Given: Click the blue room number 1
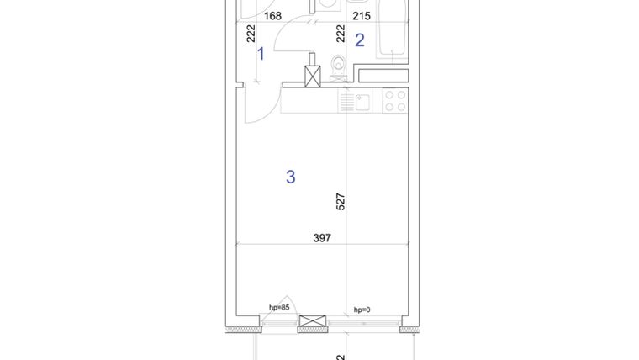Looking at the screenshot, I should pyautogui.click(x=261, y=54).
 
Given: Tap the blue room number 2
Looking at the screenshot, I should pyautogui.click(x=360, y=40).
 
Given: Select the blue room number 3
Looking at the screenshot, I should pyautogui.click(x=291, y=177).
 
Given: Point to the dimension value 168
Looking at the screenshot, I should pyautogui.click(x=272, y=15).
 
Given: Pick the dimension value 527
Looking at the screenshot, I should pyautogui.click(x=341, y=202).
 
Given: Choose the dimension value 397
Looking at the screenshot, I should pyautogui.click(x=321, y=238).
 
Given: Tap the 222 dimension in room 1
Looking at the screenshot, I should pyautogui.click(x=251, y=34).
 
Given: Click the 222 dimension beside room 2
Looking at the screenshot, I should pyautogui.click(x=341, y=34).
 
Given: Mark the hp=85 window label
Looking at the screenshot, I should pyautogui.click(x=279, y=308).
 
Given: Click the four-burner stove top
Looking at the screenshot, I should pyautogui.click(x=395, y=102).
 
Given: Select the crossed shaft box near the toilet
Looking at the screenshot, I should pyautogui.click(x=313, y=77).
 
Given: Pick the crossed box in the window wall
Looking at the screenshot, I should pyautogui.click(x=312, y=323).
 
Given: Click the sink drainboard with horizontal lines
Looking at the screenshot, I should pyautogui.click(x=346, y=102).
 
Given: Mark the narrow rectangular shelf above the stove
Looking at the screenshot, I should pyautogui.click(x=383, y=76).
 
